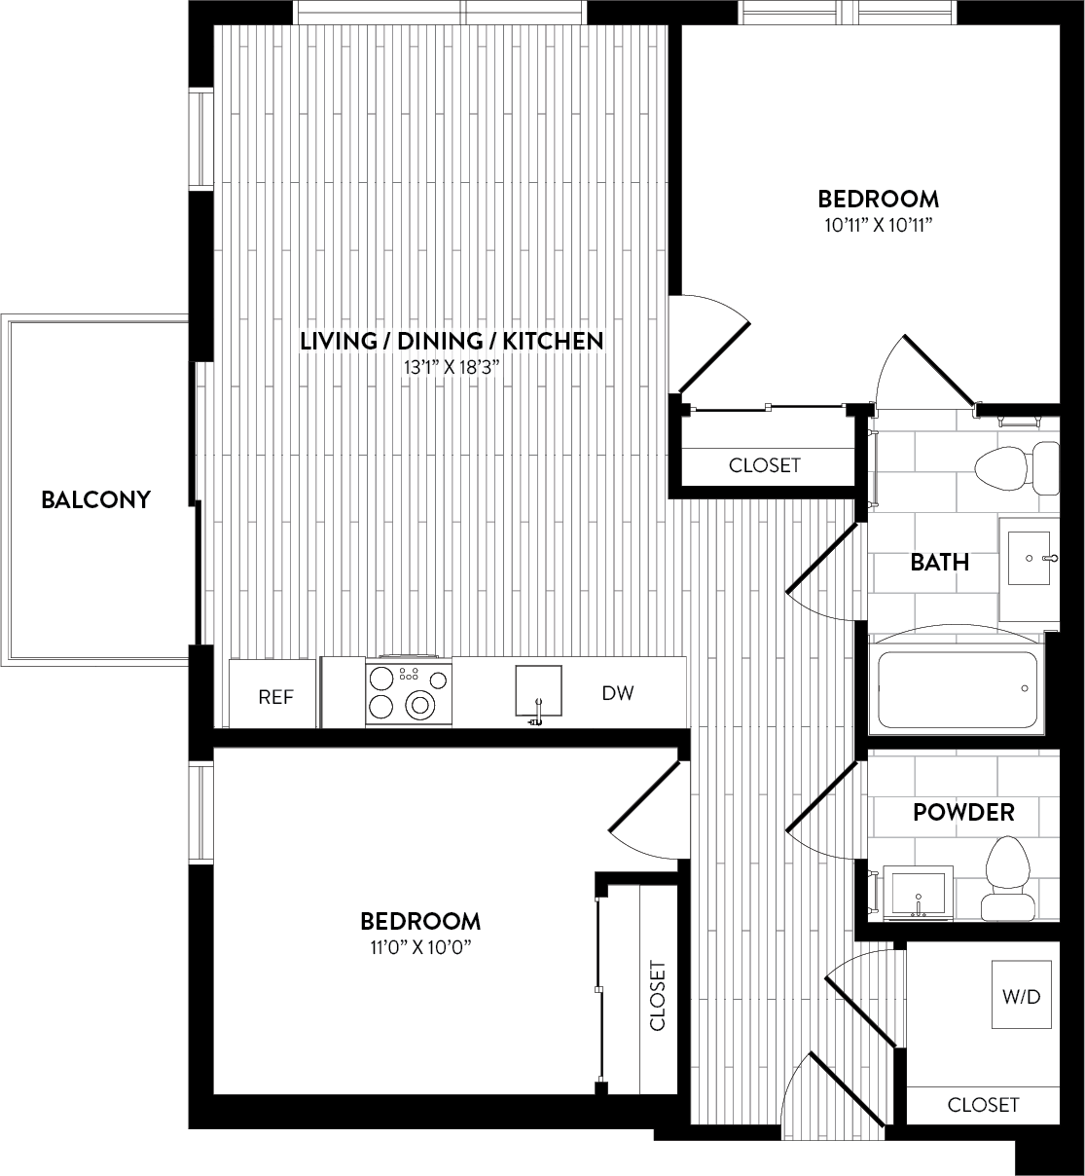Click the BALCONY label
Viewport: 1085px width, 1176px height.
click(x=96, y=499)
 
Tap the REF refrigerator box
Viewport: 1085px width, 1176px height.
click(x=272, y=693)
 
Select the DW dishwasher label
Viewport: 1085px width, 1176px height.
click(x=617, y=693)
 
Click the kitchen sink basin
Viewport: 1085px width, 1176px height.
click(x=538, y=690)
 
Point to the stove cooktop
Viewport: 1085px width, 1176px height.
click(x=409, y=694)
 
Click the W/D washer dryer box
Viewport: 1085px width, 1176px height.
click(x=1022, y=995)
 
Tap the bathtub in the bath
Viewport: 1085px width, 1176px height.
click(x=958, y=689)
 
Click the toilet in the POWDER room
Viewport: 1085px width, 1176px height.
click(x=1008, y=879)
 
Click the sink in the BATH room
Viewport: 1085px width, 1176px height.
click(x=1029, y=558)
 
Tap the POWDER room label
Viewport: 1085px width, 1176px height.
click(x=963, y=813)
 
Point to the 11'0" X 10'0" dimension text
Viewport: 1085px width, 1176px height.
click(x=420, y=948)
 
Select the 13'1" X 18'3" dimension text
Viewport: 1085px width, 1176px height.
click(x=452, y=367)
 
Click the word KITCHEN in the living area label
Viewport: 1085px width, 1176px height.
click(x=553, y=341)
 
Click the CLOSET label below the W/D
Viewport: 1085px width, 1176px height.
click(x=983, y=1105)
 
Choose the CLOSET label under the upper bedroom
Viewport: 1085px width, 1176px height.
click(x=764, y=465)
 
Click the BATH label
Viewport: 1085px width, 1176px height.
click(x=939, y=562)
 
